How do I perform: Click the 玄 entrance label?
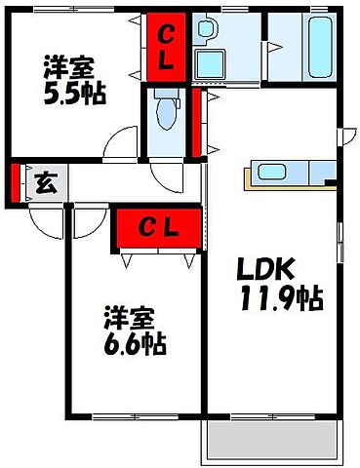[44, 181]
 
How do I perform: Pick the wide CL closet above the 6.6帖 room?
[157, 229]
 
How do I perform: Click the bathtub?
[320, 42]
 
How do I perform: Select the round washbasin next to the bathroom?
[205, 29]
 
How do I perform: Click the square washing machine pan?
[210, 63]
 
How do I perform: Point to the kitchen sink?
[269, 175]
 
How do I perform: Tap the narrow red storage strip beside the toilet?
[196, 123]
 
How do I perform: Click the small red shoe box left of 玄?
[16, 181]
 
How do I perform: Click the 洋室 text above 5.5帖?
[68, 68]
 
